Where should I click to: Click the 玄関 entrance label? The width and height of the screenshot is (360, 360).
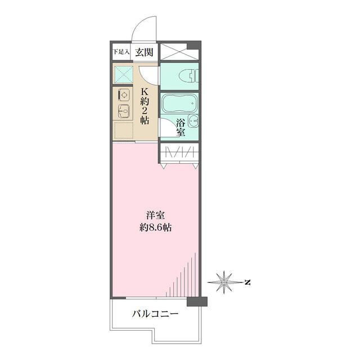144,52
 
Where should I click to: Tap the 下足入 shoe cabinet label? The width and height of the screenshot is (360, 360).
121,52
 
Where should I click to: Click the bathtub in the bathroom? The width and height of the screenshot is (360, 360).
179,103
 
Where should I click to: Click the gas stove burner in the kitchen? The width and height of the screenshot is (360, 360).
124,94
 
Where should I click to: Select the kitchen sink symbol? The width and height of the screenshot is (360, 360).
124,111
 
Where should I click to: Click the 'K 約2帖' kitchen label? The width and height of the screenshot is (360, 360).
145,106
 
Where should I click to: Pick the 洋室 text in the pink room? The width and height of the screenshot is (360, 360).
155,215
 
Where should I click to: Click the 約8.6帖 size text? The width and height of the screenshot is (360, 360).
155,228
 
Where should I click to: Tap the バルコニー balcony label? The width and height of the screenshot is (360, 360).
155,314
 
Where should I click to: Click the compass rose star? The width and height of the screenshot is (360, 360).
223,282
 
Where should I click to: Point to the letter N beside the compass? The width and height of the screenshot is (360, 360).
247,282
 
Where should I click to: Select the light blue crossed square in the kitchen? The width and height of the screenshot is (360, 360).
124,75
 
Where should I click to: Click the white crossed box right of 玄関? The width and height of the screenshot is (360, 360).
179,52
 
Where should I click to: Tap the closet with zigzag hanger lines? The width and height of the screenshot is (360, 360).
179,152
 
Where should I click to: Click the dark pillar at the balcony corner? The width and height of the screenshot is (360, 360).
197,301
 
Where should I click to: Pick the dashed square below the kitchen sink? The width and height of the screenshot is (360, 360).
124,130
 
